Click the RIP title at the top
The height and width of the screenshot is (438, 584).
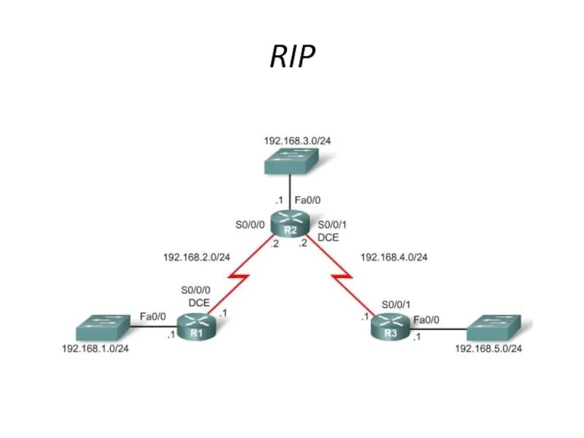(293, 56)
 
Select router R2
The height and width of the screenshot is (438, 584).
(290, 223)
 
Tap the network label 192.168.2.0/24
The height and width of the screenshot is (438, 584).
(196, 257)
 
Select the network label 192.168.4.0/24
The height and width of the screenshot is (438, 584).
(393, 257)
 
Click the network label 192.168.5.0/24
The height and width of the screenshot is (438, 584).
(488, 348)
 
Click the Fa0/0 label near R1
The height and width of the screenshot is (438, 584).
(153, 316)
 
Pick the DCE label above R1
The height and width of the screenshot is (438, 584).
(199, 301)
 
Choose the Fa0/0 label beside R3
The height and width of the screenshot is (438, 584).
(426, 319)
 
